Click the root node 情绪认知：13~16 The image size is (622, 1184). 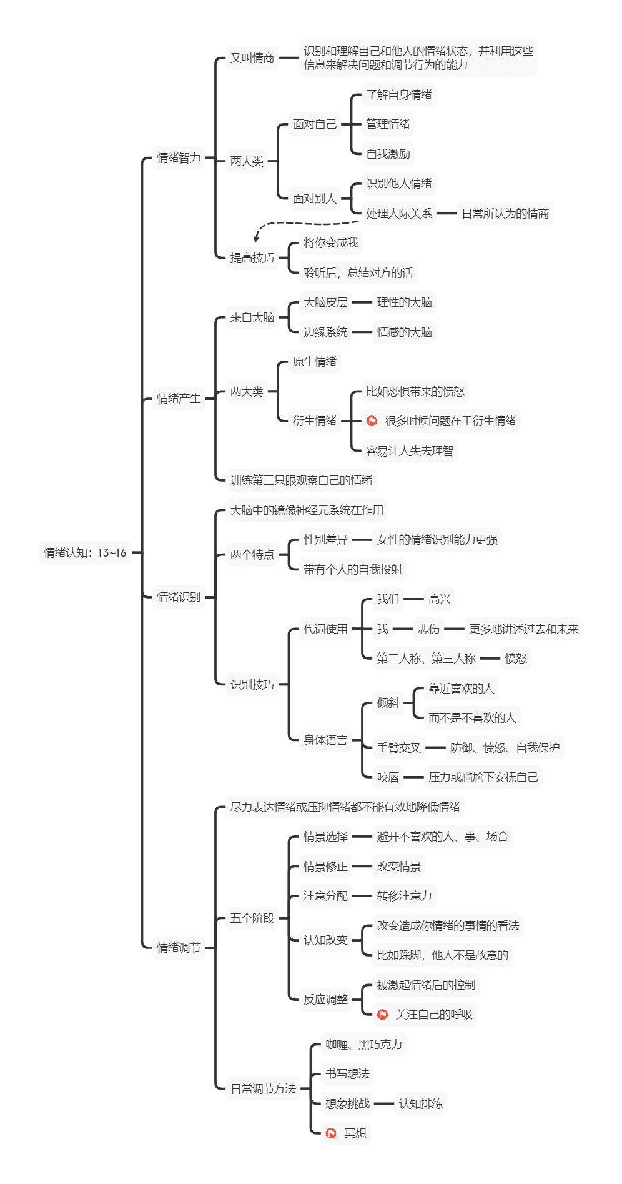coord(85,552)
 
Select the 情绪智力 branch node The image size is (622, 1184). coord(179,158)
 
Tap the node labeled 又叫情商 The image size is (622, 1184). coord(252,58)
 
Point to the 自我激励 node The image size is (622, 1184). coord(388,154)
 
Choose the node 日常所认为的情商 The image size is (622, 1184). coord(505,214)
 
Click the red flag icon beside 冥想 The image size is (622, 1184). coord(332,1133)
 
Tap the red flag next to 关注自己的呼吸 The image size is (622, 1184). coord(383,1014)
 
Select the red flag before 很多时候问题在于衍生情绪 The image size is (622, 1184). coord(372,421)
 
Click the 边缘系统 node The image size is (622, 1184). coord(325,332)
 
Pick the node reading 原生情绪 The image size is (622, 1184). coord(315,362)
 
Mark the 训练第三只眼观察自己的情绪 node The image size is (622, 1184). coord(301,480)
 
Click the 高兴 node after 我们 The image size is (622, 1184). coord(440,599)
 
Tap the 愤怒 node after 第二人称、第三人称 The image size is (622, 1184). coord(516,659)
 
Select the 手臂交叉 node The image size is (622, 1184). coord(398,747)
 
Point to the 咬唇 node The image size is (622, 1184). coord(388,777)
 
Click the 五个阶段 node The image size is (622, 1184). coord(252,918)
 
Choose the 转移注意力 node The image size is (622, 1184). coord(404,896)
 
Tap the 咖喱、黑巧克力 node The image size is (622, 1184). coord(363,1044)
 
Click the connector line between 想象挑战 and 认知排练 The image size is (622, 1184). coord(383,1103)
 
